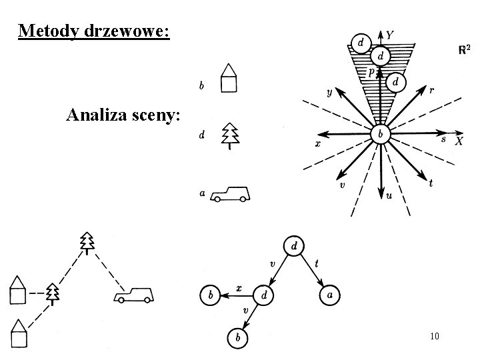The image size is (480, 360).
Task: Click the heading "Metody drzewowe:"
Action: pyautogui.click(x=94, y=31)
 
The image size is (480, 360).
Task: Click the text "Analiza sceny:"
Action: pyautogui.click(x=123, y=115)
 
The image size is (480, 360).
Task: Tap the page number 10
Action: pyautogui.click(x=434, y=336)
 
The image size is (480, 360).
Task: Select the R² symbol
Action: pyautogui.click(x=465, y=50)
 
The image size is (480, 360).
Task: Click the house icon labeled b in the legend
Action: pyautogui.click(x=229, y=78)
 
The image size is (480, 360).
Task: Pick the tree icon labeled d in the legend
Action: pyautogui.click(x=230, y=135)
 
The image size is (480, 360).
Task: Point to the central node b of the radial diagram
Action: pyautogui.click(x=380, y=134)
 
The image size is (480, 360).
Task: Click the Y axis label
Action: pyautogui.click(x=390, y=35)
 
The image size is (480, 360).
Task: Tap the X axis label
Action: pyautogui.click(x=459, y=141)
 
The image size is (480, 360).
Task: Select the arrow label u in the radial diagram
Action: pyautogui.click(x=389, y=197)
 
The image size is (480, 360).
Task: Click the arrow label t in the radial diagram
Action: pyautogui.click(x=431, y=183)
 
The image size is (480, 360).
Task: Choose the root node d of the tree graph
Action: pyautogui.click(x=294, y=246)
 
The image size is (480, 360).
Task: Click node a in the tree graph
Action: pyautogui.click(x=328, y=294)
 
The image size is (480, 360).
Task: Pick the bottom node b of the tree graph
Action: pyautogui.click(x=237, y=338)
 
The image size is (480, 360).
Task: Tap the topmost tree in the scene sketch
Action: pyautogui.click(x=86, y=243)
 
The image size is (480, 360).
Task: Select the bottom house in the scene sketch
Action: pyautogui.click(x=19, y=333)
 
